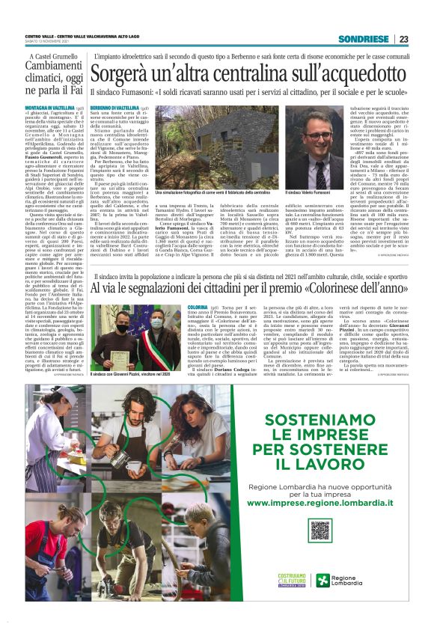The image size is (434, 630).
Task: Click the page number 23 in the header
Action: click(x=404, y=39)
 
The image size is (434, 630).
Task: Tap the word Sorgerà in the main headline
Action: click(x=122, y=74)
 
